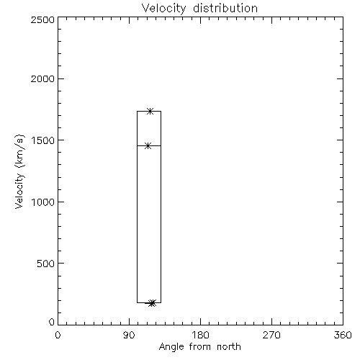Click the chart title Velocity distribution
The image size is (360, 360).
199,9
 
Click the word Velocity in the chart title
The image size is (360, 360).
163,9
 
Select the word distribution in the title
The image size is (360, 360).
225,8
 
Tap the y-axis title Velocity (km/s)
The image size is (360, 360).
19,171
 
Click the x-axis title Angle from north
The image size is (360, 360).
200,347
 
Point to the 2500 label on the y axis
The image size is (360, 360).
42,19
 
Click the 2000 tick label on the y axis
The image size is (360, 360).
42,78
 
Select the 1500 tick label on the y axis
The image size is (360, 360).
43,140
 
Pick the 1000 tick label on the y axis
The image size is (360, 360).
43,202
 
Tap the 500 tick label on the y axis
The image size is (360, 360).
46,264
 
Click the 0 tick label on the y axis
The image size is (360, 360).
52,322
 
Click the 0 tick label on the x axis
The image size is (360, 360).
58,335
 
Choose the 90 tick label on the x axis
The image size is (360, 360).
129,335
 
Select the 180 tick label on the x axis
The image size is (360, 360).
200,335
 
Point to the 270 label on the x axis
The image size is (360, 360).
271,335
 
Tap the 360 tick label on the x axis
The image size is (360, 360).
343,335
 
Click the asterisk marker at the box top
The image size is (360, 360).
150,111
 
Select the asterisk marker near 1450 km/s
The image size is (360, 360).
148,145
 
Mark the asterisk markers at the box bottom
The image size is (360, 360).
152,303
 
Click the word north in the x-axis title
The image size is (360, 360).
229,347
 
